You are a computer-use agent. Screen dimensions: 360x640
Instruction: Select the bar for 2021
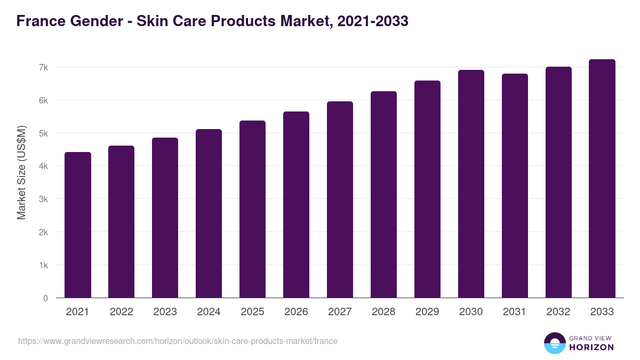(x=78, y=225)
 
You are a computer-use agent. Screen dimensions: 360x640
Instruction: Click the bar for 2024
(x=209, y=213)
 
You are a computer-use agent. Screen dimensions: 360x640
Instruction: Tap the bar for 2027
(x=340, y=199)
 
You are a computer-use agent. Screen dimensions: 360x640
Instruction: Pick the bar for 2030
(x=471, y=184)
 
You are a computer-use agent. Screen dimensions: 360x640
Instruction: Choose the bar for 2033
(x=602, y=179)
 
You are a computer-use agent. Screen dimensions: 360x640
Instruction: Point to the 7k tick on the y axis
(x=43, y=67)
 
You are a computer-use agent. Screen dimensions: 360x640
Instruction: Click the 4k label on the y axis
(x=43, y=166)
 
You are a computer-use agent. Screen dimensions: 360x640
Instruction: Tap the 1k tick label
(x=43, y=266)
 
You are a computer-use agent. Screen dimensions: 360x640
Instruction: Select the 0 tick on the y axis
(x=45, y=299)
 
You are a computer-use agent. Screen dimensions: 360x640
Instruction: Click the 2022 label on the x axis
(x=122, y=312)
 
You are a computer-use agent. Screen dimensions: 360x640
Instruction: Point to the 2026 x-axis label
(x=296, y=312)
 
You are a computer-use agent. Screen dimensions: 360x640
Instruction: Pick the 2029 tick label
(x=427, y=312)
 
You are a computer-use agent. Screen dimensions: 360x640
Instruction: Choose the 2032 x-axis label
(x=558, y=312)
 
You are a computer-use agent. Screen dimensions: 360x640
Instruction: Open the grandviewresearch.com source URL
(x=178, y=341)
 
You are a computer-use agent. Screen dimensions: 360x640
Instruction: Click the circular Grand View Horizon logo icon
(x=555, y=343)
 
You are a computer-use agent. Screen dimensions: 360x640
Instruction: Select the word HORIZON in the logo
(x=591, y=347)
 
